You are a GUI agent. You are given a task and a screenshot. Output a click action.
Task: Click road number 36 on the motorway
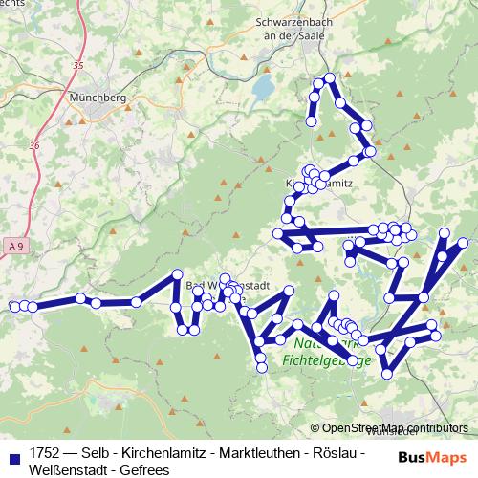pyautogui.click(x=35, y=145)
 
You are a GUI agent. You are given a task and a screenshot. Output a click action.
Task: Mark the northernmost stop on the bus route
pyautogui.click(x=330, y=77)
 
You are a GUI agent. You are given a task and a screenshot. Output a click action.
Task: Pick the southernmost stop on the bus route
pyautogui.click(x=386, y=374)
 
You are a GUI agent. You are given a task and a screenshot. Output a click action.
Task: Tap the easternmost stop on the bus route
pyautogui.click(x=465, y=244)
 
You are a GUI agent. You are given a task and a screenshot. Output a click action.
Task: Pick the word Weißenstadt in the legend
pyautogui.click(x=67, y=469)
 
